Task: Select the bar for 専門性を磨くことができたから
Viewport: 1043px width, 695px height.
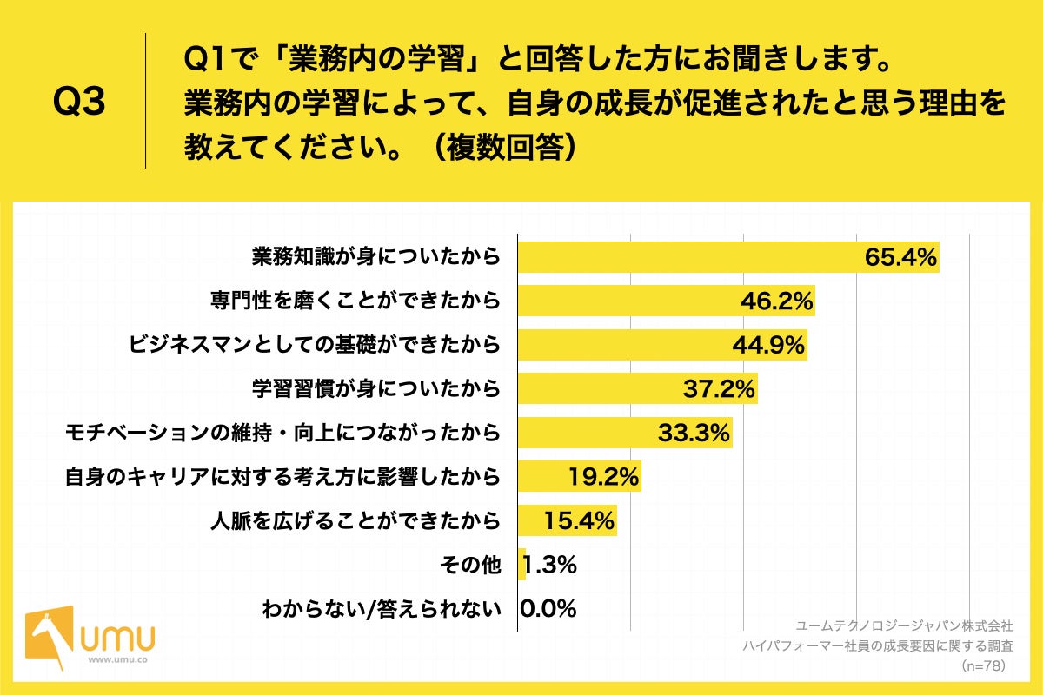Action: coord(626,301)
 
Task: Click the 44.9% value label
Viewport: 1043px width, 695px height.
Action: coord(767,345)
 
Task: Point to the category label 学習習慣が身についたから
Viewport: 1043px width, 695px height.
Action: coord(375,388)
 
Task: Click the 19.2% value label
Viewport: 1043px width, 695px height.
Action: coord(603,477)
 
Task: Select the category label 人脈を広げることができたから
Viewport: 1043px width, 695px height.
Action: coord(355,521)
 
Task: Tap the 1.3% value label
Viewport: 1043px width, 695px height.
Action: coord(550,566)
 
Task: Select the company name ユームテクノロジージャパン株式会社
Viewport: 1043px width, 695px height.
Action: coord(905,625)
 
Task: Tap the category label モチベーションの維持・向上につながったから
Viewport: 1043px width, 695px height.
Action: coord(283,433)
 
